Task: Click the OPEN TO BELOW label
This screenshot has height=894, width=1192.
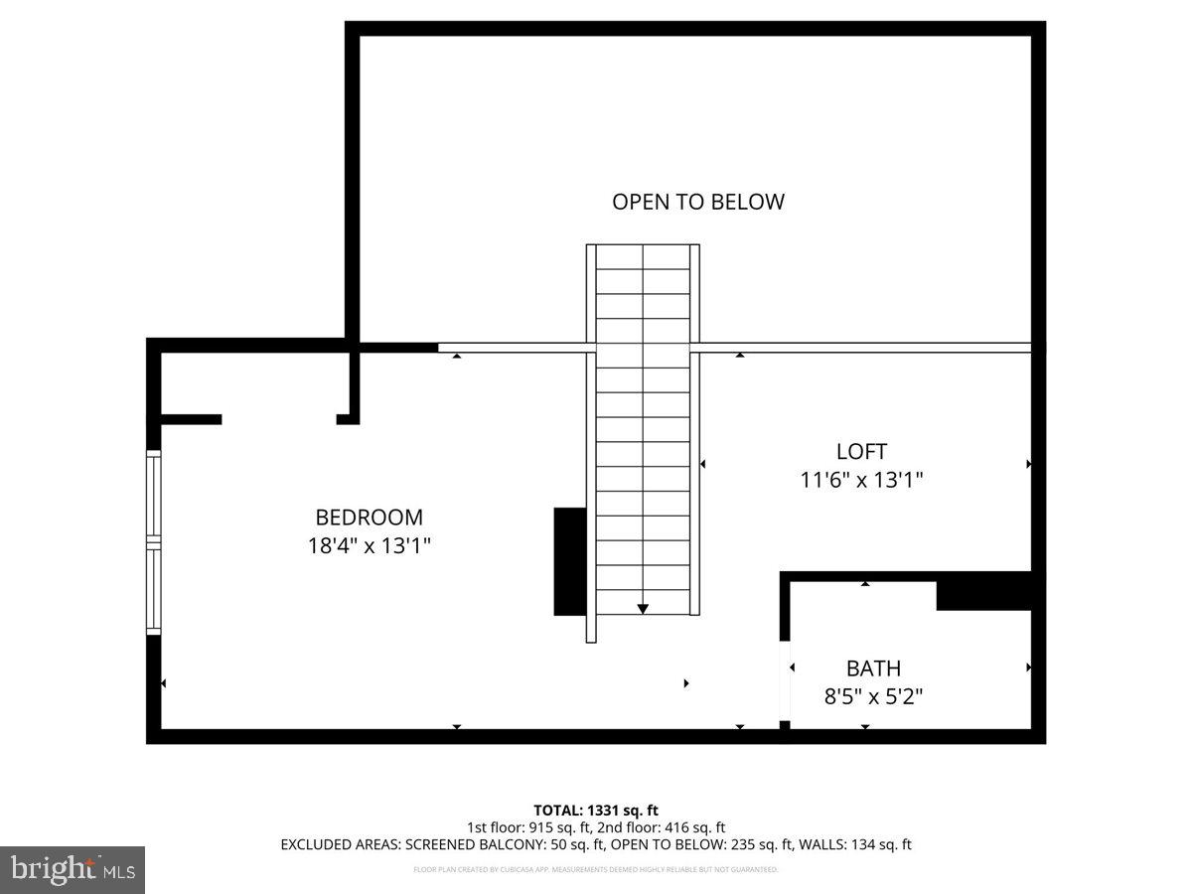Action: coord(697,202)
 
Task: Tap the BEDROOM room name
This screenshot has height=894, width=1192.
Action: coord(369,518)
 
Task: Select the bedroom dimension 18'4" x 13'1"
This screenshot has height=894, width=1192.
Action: coord(369,545)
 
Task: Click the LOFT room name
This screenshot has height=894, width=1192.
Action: coord(861,451)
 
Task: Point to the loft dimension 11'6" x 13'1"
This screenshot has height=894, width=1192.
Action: coord(861,480)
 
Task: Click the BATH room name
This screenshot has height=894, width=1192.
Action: coord(873,669)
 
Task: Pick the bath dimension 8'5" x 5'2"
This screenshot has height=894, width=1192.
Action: coord(873,696)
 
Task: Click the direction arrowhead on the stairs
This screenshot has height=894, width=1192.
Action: coord(643,608)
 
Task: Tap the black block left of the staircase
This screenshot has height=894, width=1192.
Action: coord(569,561)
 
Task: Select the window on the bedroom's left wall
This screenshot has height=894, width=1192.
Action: coord(153,542)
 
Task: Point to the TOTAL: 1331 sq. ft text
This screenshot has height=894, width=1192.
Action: coord(596,811)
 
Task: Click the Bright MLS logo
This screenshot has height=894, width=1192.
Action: coord(73,869)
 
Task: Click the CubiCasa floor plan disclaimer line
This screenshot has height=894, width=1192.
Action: coord(596,869)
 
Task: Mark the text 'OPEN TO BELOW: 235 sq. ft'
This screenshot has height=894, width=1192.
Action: coord(701,845)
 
